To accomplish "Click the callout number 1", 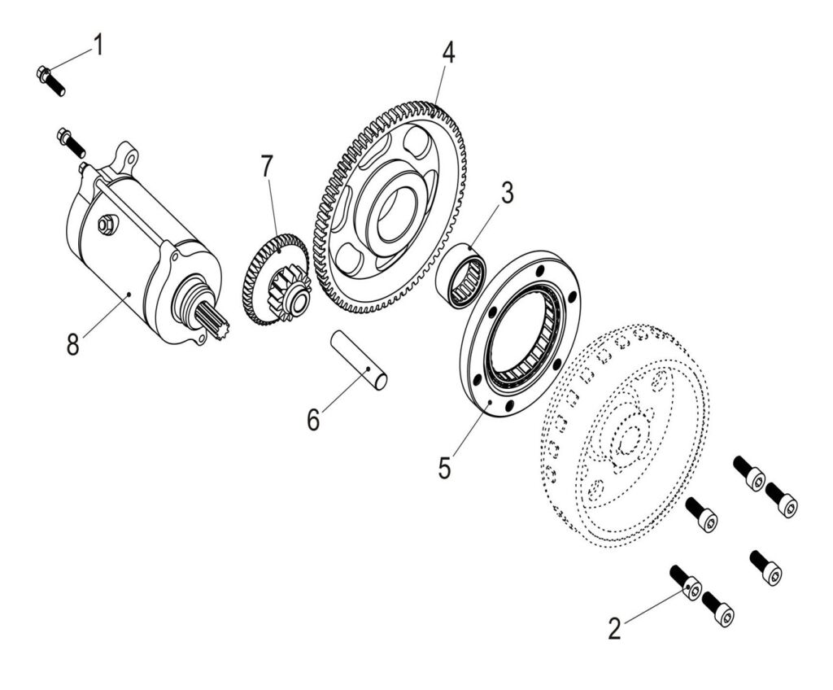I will [x=98, y=45].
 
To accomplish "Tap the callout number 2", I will [x=615, y=627].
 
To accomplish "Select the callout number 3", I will [x=507, y=194].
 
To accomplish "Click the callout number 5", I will [x=444, y=468].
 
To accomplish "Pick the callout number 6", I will [x=314, y=419].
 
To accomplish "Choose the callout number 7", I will [x=267, y=167].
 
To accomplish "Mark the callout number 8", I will [x=73, y=343].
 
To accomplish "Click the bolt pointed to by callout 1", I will [x=51, y=81].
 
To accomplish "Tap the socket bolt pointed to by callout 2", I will [x=687, y=584].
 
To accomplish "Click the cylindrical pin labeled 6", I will [x=358, y=359].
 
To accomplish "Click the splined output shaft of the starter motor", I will [x=213, y=318].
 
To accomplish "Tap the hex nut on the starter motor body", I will [x=105, y=225].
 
